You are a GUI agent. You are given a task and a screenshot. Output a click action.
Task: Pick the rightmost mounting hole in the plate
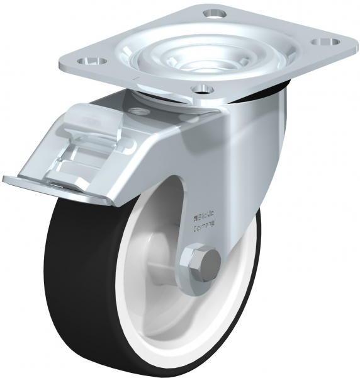pyautogui.click(x=326, y=42)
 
